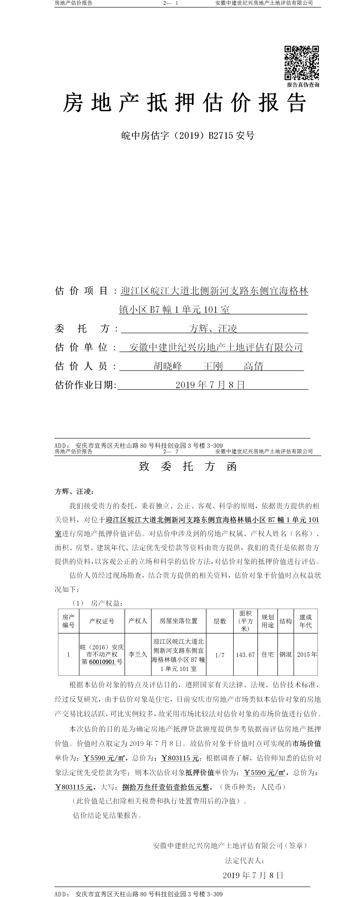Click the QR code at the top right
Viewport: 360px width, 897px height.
tap(301, 63)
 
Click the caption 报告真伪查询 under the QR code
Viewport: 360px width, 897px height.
tap(303, 85)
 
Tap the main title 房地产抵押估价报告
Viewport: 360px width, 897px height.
tap(184, 103)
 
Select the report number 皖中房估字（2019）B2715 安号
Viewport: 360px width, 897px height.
tap(188, 136)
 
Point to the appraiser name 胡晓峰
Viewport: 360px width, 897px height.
tap(168, 366)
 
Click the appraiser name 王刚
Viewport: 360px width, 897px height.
tap(213, 366)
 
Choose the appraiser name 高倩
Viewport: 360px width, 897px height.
tap(253, 366)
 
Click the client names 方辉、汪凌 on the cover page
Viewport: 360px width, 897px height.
tap(213, 328)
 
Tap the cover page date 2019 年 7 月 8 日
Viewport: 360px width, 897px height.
tap(210, 385)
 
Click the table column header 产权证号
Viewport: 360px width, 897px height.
tap(102, 621)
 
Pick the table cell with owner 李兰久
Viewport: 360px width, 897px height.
tap(138, 654)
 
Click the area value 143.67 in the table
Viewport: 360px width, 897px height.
tap(245, 655)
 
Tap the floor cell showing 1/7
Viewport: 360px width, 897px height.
tap(220, 655)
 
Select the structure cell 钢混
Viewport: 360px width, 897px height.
tap(286, 654)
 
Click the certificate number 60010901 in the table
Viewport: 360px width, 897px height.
tap(102, 662)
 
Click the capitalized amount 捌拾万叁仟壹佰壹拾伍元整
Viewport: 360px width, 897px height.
tap(166, 787)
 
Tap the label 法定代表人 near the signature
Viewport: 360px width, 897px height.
tap(244, 860)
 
